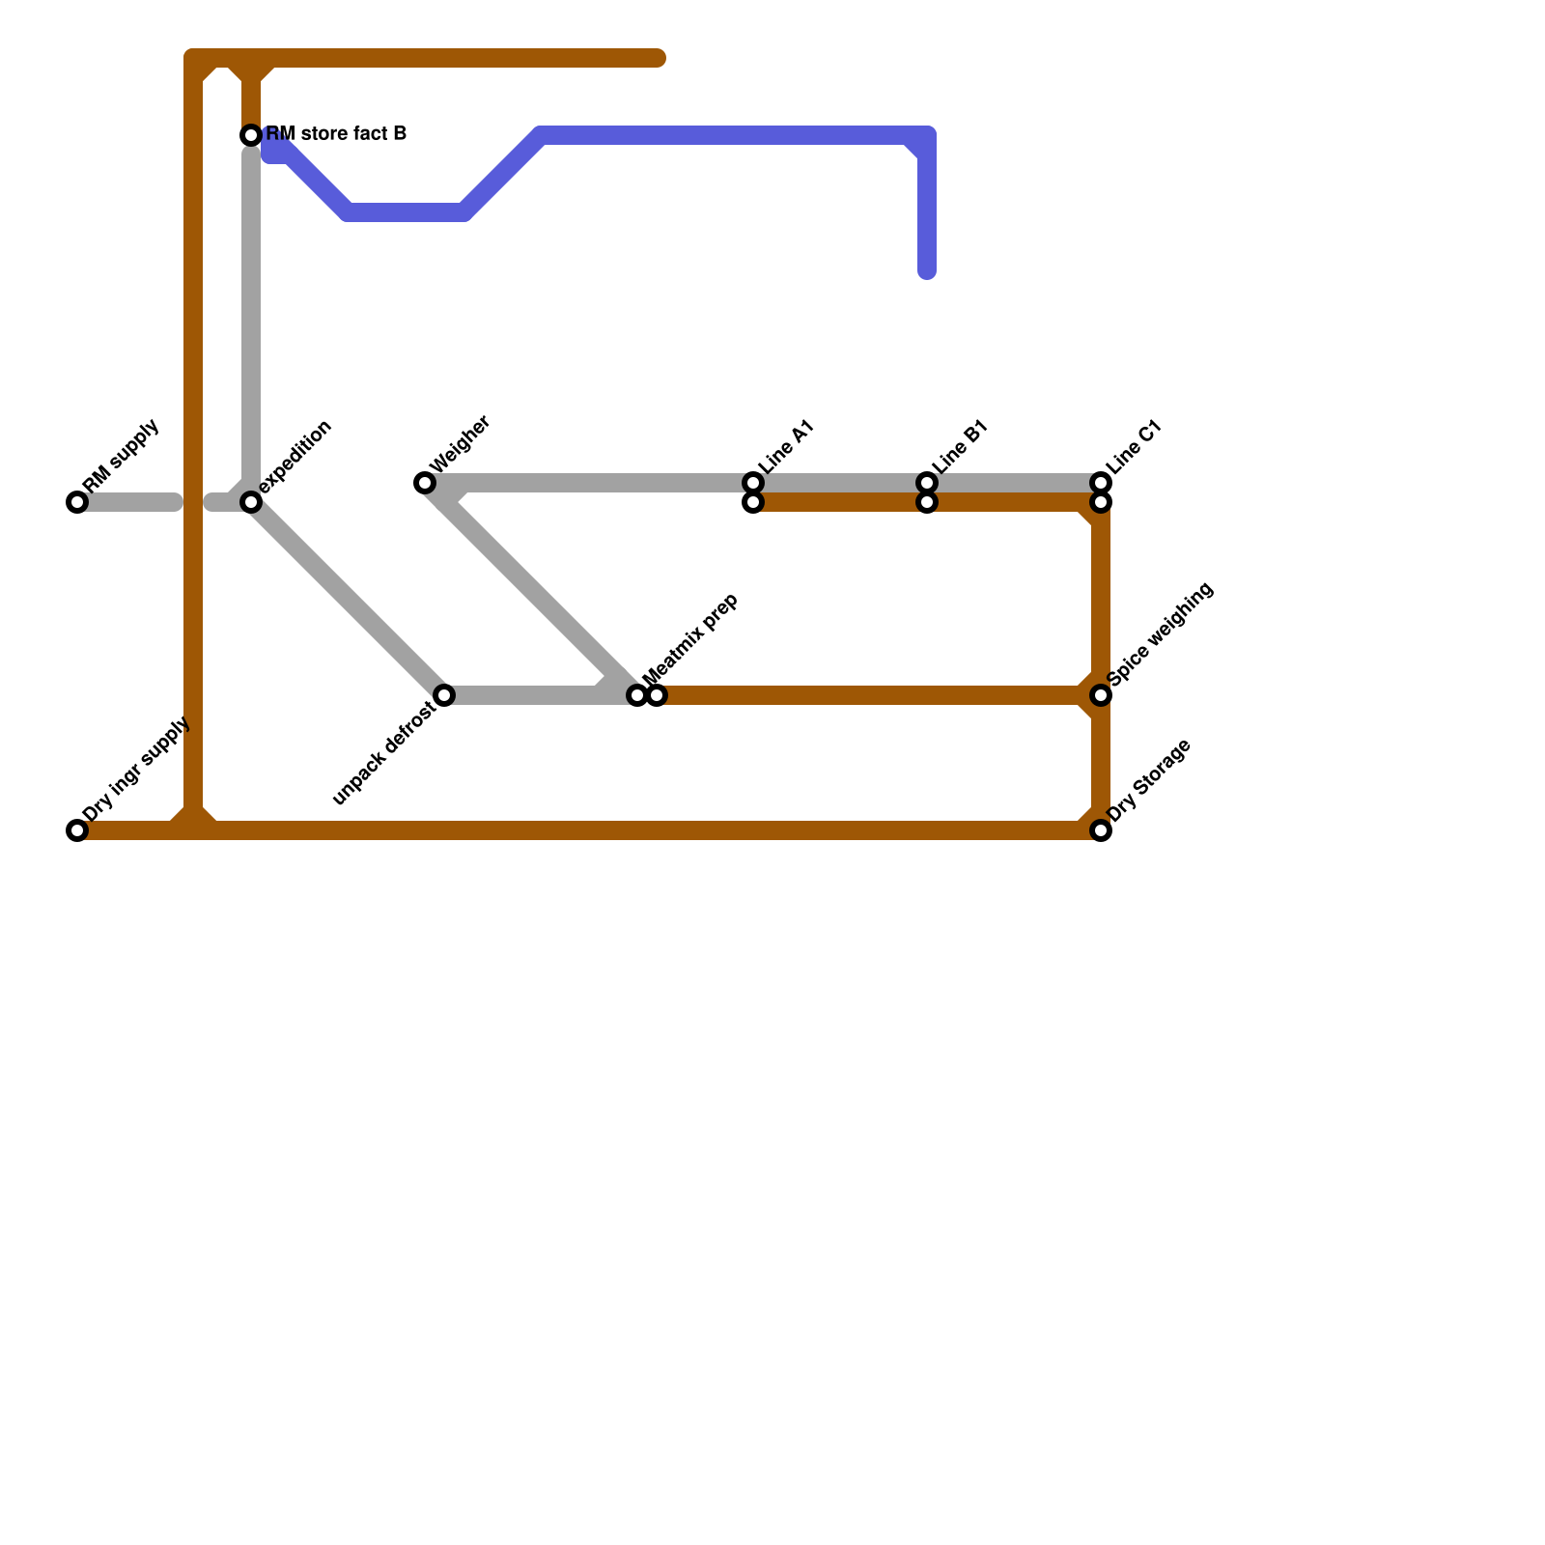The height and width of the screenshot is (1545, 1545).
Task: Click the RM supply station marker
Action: point(77,502)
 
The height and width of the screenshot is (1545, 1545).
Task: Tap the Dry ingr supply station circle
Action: point(77,830)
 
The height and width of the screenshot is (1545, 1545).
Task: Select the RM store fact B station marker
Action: point(251,135)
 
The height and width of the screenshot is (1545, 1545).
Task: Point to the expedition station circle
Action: point(251,502)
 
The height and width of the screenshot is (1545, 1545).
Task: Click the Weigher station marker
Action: point(425,483)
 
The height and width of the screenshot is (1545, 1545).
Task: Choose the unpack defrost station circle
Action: point(444,695)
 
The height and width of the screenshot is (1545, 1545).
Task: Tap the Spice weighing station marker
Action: point(1101,695)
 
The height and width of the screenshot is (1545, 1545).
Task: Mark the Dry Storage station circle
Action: point(1101,830)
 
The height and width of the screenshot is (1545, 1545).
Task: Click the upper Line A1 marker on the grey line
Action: point(753,483)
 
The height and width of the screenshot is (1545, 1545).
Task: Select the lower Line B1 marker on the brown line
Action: point(927,503)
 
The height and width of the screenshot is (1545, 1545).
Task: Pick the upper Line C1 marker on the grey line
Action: point(1101,483)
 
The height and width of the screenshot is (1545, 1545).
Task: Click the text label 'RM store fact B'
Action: point(336,134)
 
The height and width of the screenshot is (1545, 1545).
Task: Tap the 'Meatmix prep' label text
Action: point(690,636)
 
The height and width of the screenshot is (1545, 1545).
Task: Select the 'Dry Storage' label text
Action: point(1149,781)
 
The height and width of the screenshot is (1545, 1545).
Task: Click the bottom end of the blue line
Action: point(927,273)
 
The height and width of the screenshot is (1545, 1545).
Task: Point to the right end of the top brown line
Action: point(660,59)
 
